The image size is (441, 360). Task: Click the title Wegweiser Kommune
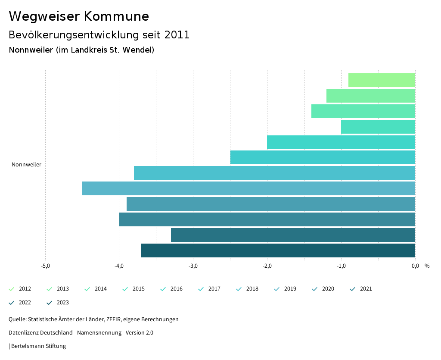[79, 16]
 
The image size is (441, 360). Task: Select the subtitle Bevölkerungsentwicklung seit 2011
[99, 35]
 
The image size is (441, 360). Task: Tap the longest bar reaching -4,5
[248, 189]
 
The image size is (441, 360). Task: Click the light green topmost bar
[382, 80]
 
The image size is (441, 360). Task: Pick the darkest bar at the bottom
[278, 250]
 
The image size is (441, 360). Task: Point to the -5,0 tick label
[45, 266]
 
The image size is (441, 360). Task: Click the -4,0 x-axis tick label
[119, 266]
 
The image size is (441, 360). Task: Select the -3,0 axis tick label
[193, 266]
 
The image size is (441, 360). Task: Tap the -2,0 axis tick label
[267, 266]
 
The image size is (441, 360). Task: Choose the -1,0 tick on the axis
[341, 266]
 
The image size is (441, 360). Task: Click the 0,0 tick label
[415, 266]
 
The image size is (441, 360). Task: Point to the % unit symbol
[427, 266]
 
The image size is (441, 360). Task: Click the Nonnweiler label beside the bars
[26, 165]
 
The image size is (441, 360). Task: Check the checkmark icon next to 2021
[353, 289]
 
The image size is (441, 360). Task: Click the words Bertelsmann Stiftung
[38, 346]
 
